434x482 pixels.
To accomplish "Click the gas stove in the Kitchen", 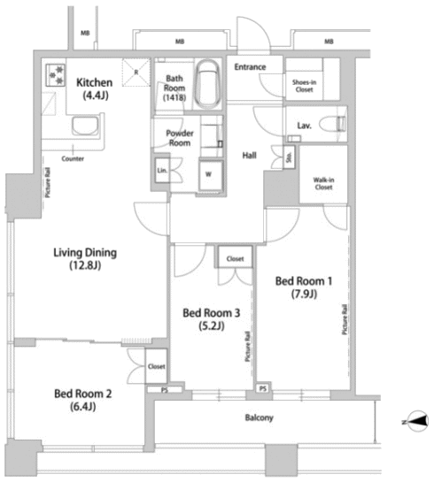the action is [56, 75].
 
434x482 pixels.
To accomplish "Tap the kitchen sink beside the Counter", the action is [86, 126].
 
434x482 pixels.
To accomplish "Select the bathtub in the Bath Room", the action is [208, 84].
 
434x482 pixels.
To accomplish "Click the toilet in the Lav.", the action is [333, 125].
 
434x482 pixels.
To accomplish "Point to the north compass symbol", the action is [416, 421].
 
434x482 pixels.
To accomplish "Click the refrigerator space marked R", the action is [136, 73].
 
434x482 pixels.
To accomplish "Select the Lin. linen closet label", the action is [162, 170].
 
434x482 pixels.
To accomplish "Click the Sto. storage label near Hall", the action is [289, 157].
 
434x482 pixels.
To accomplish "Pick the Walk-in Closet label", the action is [323, 184].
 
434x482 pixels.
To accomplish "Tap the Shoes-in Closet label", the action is [304, 86].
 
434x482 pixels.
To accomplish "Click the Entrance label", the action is [250, 66].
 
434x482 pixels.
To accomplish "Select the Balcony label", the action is [260, 417].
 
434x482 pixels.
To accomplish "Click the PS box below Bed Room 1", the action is [263, 388].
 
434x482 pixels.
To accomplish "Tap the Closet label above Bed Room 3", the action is [236, 259].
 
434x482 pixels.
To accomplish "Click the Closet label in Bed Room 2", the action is [157, 366].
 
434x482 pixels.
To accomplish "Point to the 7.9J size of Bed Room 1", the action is [304, 295].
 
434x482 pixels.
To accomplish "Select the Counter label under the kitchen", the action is [73, 158].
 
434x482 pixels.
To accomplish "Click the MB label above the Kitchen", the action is [85, 33].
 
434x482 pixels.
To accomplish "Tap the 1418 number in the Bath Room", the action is [174, 98].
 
